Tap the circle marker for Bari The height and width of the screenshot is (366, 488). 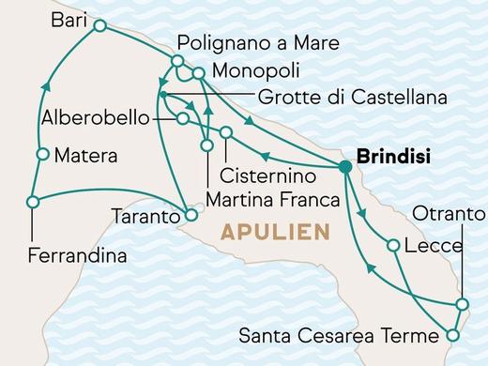(x=99, y=29)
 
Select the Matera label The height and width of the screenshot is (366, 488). (x=85, y=155)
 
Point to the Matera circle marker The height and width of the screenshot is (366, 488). (x=41, y=155)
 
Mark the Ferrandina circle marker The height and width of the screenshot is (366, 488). (x=33, y=202)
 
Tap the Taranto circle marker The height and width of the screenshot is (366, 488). (x=191, y=215)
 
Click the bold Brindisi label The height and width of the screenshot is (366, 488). (x=389, y=158)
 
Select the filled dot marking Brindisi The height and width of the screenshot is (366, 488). (x=345, y=168)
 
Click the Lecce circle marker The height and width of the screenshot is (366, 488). (x=393, y=246)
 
